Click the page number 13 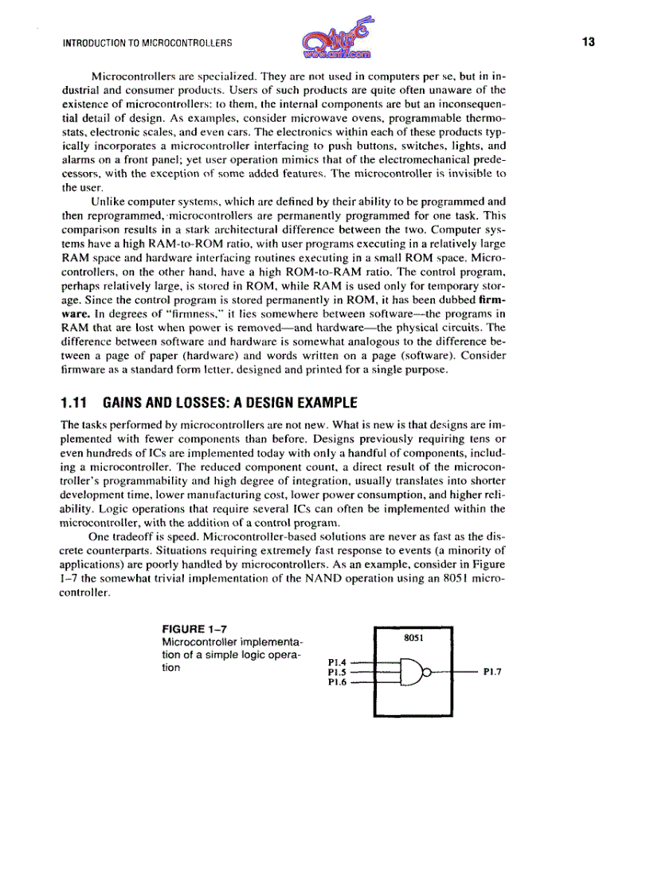pyautogui.click(x=589, y=41)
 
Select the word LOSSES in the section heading pyautogui.click(x=198, y=402)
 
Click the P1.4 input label pyautogui.click(x=337, y=661)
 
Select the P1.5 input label pyautogui.click(x=337, y=671)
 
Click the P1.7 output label pyautogui.click(x=492, y=672)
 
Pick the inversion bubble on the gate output pyautogui.click(x=426, y=672)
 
